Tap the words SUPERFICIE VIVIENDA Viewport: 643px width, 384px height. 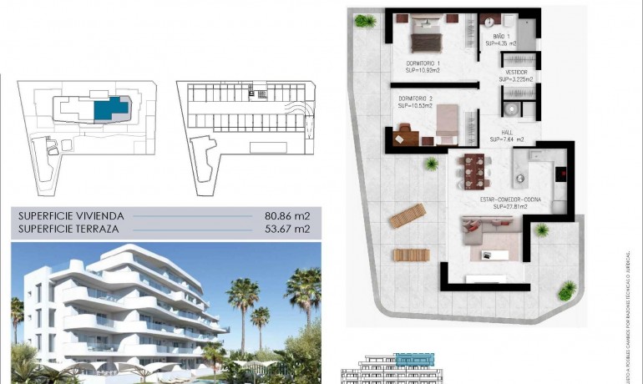click(x=71, y=215)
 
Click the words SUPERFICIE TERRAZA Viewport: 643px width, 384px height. click(x=68, y=228)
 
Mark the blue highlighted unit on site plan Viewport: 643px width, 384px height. click(x=109, y=109)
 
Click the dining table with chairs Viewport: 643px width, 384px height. click(x=473, y=172)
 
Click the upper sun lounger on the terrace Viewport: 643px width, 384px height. click(x=407, y=215)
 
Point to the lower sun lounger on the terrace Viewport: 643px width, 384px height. click(x=410, y=255)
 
